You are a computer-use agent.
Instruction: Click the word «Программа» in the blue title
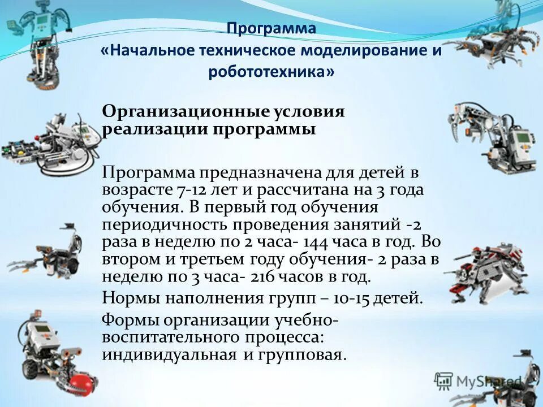tap(271, 28)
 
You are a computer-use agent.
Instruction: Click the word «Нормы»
tap(128, 297)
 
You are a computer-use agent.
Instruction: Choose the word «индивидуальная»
tap(169, 355)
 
